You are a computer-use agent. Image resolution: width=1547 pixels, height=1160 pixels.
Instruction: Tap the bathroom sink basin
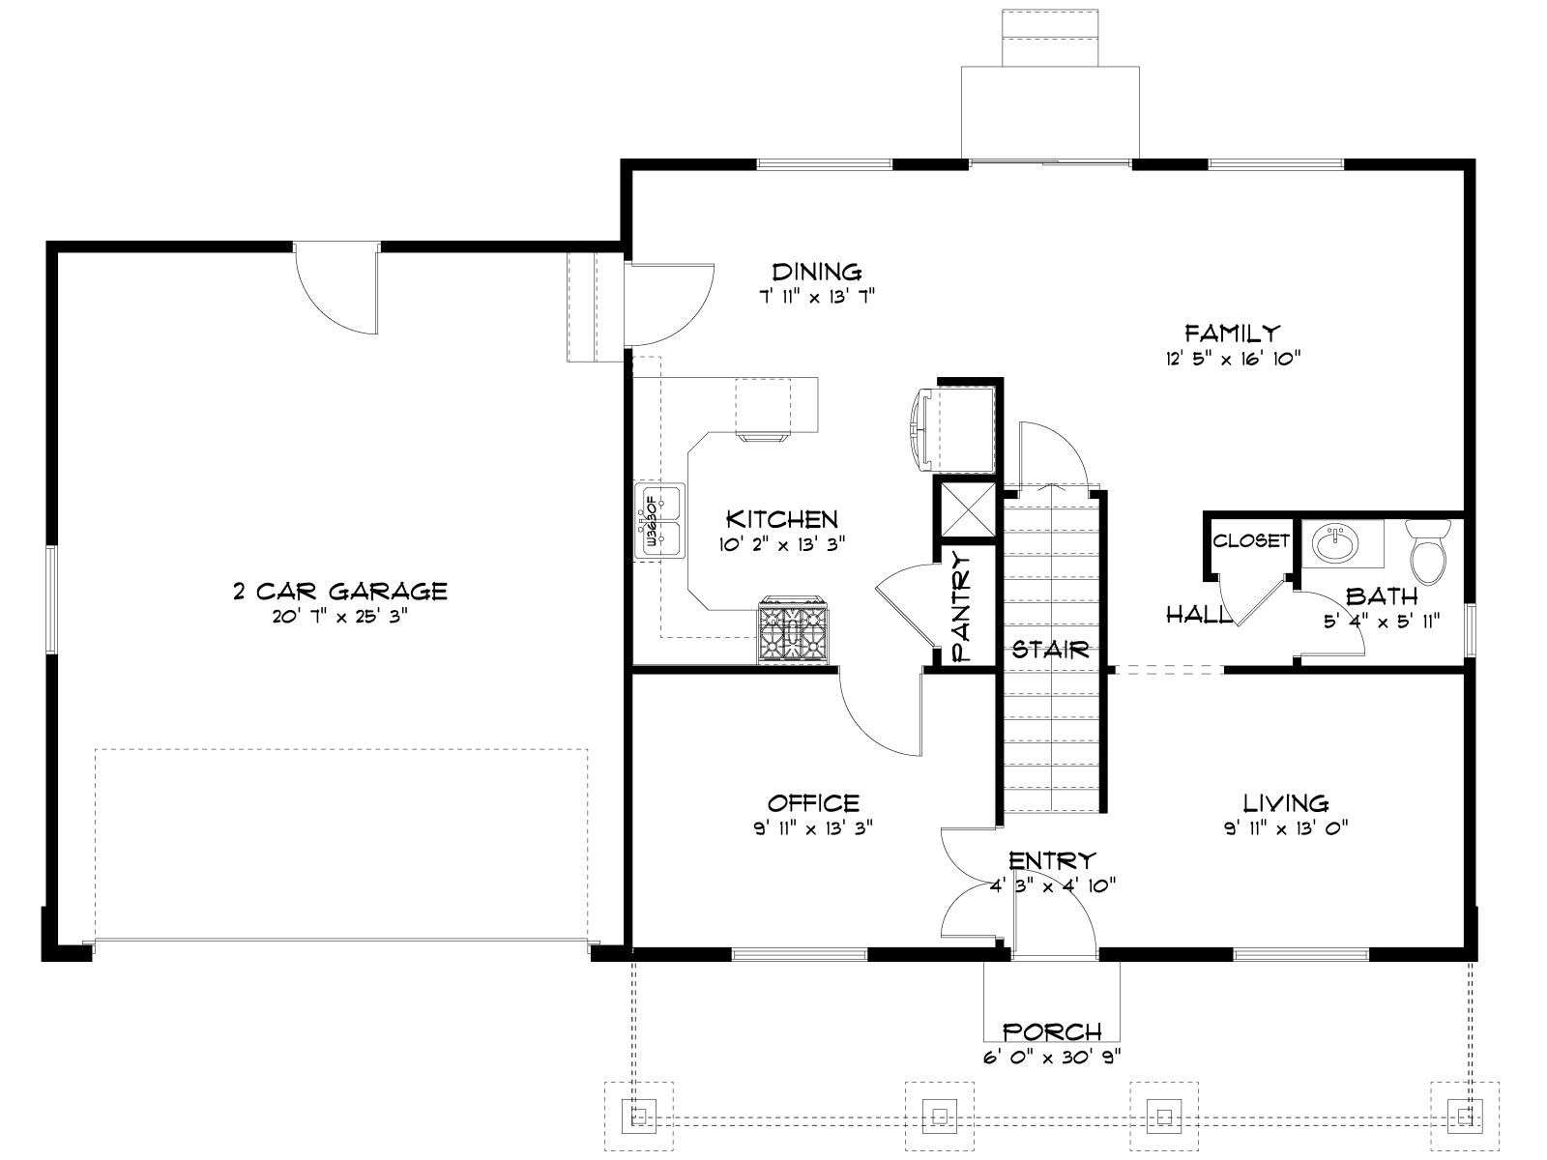pyautogui.click(x=1335, y=543)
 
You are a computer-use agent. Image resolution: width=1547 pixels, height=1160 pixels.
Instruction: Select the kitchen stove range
pyautogui.click(x=794, y=629)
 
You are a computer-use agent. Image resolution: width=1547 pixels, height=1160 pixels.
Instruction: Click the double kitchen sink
pyautogui.click(x=659, y=521)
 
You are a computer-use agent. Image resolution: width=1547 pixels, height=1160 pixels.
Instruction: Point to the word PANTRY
pyautogui.click(x=962, y=606)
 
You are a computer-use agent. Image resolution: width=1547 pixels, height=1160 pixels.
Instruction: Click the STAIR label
pyautogui.click(x=1051, y=650)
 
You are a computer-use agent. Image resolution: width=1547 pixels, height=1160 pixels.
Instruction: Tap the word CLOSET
pyautogui.click(x=1251, y=541)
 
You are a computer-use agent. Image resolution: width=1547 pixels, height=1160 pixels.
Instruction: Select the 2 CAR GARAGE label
pyautogui.click(x=340, y=591)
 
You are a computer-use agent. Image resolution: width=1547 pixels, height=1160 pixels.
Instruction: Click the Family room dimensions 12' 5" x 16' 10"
pyautogui.click(x=1232, y=359)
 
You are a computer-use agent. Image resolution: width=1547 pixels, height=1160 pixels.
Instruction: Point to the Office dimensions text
pyautogui.click(x=813, y=828)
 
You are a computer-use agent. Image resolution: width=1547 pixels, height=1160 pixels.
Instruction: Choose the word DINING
pyautogui.click(x=817, y=272)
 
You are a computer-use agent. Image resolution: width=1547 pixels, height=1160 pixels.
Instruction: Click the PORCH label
pyautogui.click(x=1052, y=1032)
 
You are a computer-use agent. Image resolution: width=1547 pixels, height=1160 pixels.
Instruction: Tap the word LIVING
pyautogui.click(x=1286, y=803)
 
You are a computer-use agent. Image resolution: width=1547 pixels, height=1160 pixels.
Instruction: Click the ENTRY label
pyautogui.click(x=1052, y=860)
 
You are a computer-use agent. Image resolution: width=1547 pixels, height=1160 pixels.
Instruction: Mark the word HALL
pyautogui.click(x=1197, y=615)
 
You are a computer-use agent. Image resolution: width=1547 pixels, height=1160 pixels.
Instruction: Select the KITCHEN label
pyautogui.click(x=782, y=520)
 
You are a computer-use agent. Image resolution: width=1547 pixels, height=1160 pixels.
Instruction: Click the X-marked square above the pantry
pyautogui.click(x=964, y=510)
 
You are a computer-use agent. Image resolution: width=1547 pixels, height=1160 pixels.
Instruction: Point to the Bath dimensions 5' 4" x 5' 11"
pyautogui.click(x=1382, y=622)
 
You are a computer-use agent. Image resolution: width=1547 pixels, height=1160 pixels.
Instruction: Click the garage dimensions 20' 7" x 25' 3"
pyautogui.click(x=340, y=617)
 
